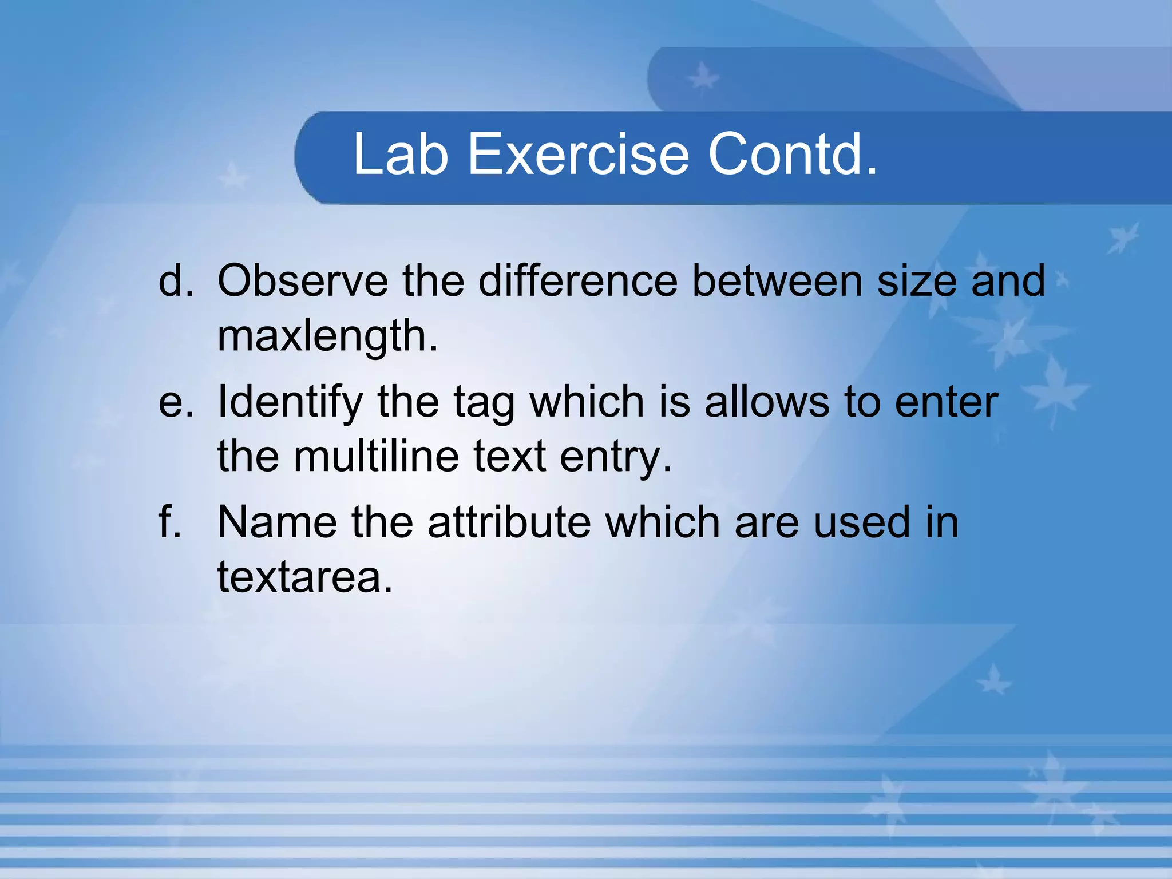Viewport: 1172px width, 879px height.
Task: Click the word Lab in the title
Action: (x=400, y=154)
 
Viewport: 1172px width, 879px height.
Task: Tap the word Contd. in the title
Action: (x=793, y=154)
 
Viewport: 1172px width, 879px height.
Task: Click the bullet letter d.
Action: (x=175, y=281)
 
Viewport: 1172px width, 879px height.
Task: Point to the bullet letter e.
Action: (x=175, y=402)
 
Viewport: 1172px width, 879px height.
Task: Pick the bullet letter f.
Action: (x=169, y=522)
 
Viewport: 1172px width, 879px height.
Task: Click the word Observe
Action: (x=303, y=281)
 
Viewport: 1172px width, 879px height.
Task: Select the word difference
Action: (x=578, y=281)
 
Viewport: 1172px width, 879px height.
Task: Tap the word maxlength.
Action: (x=327, y=336)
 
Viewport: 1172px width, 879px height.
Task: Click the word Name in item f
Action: (x=277, y=522)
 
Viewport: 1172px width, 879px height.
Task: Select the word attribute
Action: (x=509, y=522)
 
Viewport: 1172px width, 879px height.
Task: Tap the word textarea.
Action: (x=304, y=577)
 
